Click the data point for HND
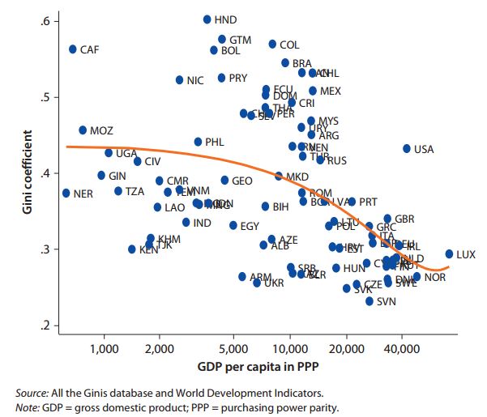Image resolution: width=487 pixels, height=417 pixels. point(207,19)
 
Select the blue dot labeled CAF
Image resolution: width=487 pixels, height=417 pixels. point(72,49)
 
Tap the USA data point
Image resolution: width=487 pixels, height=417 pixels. point(407,149)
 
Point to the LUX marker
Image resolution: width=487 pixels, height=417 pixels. point(449,253)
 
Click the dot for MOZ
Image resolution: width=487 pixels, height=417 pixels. point(83,130)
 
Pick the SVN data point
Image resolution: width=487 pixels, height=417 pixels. point(370,301)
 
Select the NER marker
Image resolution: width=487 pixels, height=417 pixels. point(66,194)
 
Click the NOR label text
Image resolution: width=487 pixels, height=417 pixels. point(435,278)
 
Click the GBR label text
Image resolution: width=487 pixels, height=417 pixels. point(404,219)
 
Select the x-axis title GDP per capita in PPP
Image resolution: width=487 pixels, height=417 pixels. point(251,371)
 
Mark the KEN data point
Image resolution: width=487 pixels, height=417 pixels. point(132,249)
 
